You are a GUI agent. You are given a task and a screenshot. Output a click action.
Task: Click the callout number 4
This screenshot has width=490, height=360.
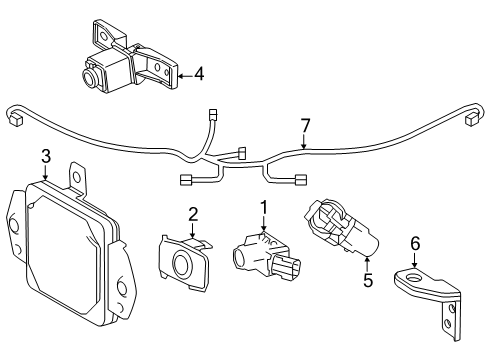pyautogui.click(x=199, y=74)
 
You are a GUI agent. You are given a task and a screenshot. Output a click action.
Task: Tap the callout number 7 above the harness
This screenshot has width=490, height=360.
pyautogui.click(x=305, y=126)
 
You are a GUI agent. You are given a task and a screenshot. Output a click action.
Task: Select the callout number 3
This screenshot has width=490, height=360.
pyautogui.click(x=46, y=156)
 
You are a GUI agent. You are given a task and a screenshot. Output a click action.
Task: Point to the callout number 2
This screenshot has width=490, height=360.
pyautogui.click(x=193, y=214)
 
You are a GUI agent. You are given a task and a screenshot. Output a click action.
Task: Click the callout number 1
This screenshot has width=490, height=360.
pyautogui.click(x=264, y=207)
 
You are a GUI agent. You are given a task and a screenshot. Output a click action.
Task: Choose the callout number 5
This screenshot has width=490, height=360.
pyautogui.click(x=367, y=280)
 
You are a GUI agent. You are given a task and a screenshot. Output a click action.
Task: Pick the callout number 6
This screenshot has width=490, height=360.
pyautogui.click(x=415, y=243)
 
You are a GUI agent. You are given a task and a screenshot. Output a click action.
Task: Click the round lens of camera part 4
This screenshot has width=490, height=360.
pyautogui.click(x=90, y=77)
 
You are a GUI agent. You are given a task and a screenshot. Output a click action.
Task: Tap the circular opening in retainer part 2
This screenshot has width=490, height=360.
pyautogui.click(x=183, y=261)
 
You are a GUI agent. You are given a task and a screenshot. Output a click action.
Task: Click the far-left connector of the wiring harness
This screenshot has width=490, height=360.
pyautogui.click(x=15, y=120)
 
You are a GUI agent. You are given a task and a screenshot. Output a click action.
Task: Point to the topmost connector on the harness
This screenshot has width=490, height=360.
pyautogui.click(x=212, y=115)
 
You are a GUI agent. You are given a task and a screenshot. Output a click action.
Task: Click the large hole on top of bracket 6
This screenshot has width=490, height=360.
pyautogui.click(x=413, y=276)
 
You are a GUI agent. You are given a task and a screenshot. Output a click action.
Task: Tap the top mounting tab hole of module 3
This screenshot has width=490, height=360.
pyautogui.click(x=77, y=177)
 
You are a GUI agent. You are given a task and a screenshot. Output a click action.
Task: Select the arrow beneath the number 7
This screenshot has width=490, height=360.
pyautogui.click(x=303, y=141)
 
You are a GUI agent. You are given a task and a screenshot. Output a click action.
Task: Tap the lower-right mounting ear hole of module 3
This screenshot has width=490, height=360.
pyautogui.click(x=121, y=287)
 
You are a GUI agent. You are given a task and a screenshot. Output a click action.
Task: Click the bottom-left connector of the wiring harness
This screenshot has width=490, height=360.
pyautogui.click(x=186, y=180)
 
